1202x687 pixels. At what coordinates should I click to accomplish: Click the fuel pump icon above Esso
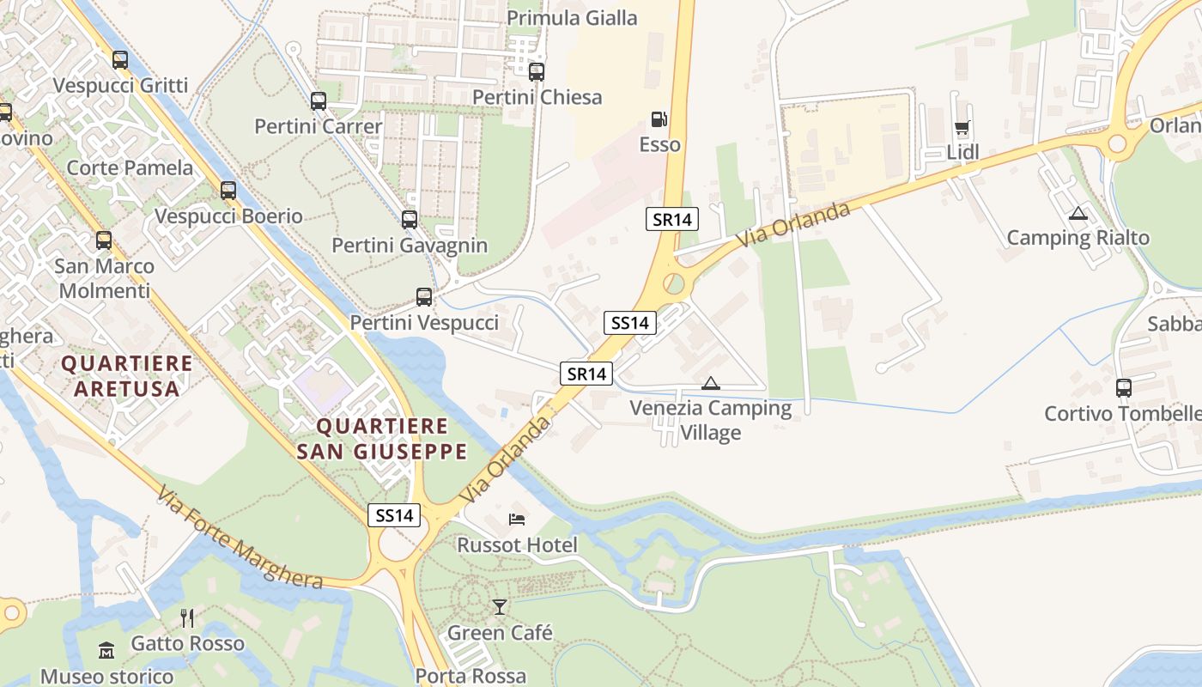click(659, 119)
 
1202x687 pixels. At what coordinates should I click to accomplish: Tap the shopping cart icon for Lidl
click(962, 129)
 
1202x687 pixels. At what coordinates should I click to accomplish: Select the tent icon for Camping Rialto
click(1078, 213)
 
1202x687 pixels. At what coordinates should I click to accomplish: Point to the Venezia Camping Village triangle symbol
click(710, 383)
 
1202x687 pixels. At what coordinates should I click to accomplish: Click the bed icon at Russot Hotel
click(517, 519)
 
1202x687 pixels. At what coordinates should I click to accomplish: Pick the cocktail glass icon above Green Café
click(500, 607)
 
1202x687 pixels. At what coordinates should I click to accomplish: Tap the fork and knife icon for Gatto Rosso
click(187, 617)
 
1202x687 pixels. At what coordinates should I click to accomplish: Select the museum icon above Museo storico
click(106, 650)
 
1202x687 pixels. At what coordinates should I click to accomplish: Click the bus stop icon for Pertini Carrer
click(319, 101)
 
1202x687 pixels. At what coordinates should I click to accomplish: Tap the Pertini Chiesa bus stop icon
click(537, 72)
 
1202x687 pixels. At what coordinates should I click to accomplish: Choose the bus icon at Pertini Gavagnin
click(410, 220)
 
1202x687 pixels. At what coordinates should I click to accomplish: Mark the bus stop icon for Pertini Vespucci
click(424, 297)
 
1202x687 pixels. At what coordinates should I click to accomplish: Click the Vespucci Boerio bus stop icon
click(228, 191)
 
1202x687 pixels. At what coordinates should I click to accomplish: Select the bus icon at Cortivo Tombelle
click(1124, 388)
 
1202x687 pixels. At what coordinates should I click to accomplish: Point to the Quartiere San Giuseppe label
click(382, 439)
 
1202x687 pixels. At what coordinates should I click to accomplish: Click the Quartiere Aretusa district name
click(126, 375)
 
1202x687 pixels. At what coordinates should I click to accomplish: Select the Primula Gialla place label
click(572, 18)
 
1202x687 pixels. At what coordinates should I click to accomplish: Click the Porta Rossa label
click(470, 676)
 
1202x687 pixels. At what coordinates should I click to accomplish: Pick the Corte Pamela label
click(130, 167)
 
